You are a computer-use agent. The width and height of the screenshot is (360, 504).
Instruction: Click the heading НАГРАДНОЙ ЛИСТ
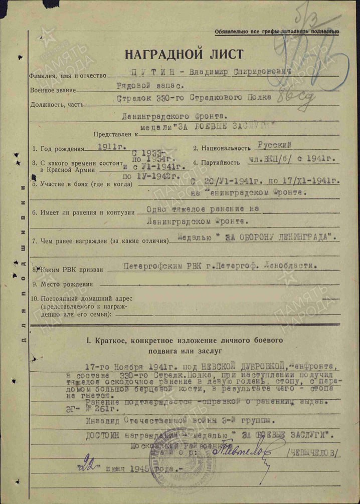pos(184,54)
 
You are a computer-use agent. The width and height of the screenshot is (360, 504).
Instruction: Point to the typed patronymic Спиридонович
pos(262,73)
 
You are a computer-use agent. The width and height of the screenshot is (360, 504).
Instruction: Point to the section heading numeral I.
pos(88,341)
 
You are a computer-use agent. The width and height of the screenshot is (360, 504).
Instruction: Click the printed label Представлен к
pos(115,134)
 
